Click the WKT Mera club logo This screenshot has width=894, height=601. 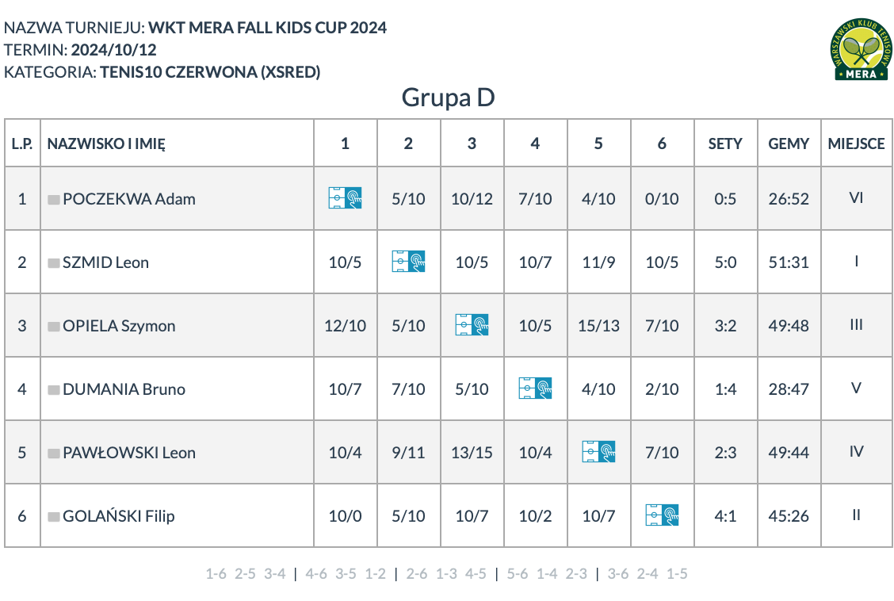tap(861, 49)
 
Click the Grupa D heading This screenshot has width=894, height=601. tap(448, 98)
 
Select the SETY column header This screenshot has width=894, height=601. tap(725, 144)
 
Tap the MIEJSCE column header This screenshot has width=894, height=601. tap(857, 144)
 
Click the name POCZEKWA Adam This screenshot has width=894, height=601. tap(129, 199)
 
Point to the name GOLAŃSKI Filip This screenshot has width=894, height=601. tap(119, 516)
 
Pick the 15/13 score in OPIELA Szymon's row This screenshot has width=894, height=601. tap(598, 326)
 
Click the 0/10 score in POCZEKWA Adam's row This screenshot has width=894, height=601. tap(662, 199)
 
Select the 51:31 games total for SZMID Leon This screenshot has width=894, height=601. tap(789, 262)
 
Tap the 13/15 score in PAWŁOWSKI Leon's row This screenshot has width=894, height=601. tap(472, 453)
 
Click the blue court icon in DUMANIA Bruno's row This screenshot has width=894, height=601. tap(536, 389)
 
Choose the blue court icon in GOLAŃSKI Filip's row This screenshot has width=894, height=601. tap(662, 515)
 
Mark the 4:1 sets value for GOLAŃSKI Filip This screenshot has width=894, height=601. tap(725, 516)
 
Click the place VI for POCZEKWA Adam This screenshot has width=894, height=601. tap(857, 198)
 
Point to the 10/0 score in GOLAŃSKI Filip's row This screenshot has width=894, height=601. tap(345, 516)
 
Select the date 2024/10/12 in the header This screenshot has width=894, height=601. tap(113, 50)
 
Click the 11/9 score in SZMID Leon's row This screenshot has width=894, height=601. tap(598, 262)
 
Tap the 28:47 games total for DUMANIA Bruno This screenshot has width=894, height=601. tap(789, 389)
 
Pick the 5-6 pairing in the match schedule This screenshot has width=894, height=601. tap(517, 573)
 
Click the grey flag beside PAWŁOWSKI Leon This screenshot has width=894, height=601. tap(54, 454)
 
